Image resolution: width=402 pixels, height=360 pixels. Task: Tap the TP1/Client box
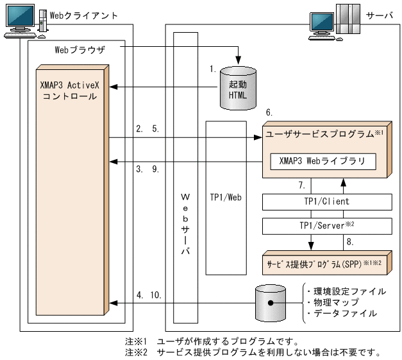coord(327,201)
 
